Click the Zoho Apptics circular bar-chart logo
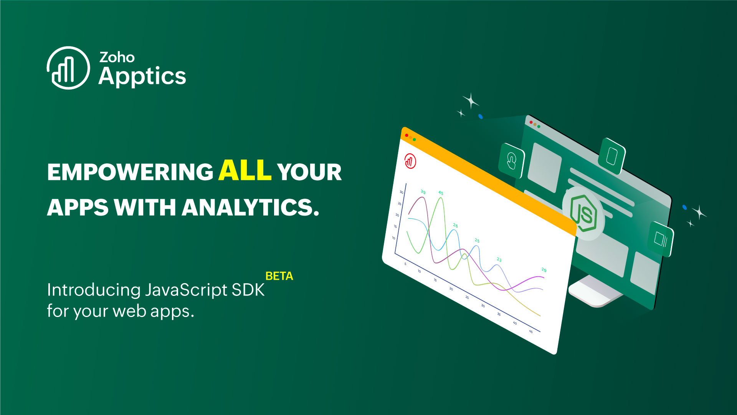coord(68,68)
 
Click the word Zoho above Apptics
coord(117,58)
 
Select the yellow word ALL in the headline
coord(245,170)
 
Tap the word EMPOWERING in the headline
coord(130,172)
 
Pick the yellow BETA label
coord(279,276)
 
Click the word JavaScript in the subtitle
coord(186,290)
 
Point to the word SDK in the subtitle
coord(248,290)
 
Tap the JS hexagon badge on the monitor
coord(583,213)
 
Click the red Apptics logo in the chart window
coord(410,161)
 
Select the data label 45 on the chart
coord(441,193)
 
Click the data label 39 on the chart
coord(423,192)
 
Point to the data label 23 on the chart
coord(499,260)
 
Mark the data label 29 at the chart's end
coord(544,270)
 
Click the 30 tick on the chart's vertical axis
coord(402,192)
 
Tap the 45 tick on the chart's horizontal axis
coord(531,331)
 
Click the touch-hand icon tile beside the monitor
coord(511,161)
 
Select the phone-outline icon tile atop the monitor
coord(612,156)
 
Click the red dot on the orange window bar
coord(407,135)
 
